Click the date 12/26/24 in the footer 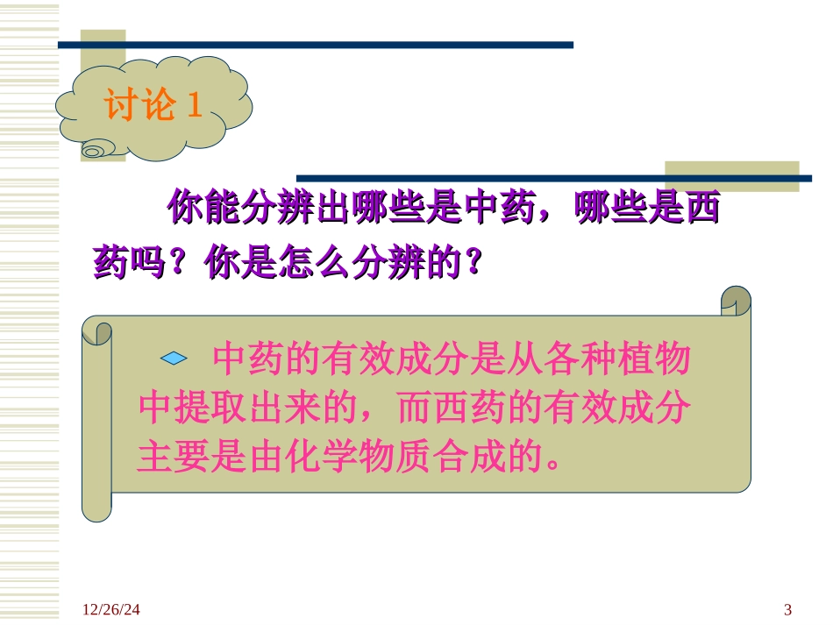[111, 609]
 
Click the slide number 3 [787, 609]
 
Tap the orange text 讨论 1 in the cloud [154, 107]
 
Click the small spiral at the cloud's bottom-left [93, 151]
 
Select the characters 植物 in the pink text [666, 359]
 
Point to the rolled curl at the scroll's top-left [97, 332]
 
